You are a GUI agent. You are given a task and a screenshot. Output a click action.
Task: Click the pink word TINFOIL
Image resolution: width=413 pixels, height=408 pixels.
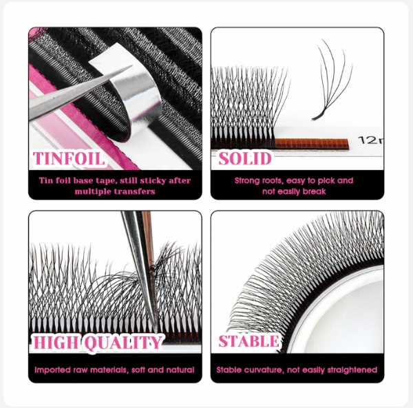click(68, 158)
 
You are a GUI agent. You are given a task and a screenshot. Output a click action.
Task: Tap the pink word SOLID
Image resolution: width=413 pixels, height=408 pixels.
click(244, 158)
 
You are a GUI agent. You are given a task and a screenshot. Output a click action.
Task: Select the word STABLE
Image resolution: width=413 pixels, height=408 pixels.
click(248, 341)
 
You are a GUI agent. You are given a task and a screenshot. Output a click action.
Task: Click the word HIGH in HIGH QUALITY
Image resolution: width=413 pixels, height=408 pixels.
click(56, 342)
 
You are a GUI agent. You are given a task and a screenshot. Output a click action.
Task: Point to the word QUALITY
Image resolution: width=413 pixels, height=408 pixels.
click(123, 343)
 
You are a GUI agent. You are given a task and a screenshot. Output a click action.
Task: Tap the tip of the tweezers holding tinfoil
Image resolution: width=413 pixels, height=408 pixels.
click(131, 66)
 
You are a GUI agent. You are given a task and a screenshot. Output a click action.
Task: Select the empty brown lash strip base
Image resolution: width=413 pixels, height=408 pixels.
click(312, 144)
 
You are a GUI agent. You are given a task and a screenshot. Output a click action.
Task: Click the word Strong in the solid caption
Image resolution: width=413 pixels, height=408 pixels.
click(246, 180)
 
